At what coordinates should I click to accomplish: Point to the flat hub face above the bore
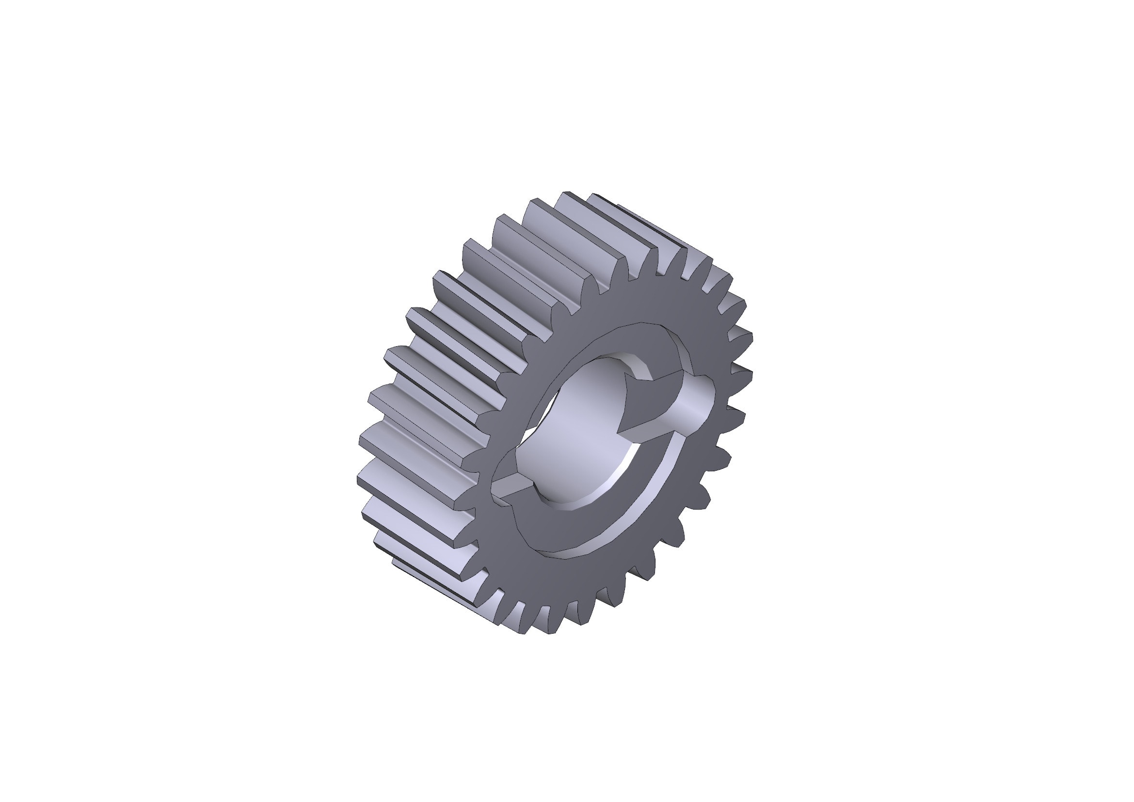tap(617, 341)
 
